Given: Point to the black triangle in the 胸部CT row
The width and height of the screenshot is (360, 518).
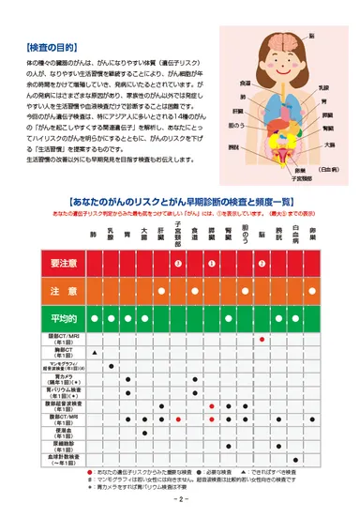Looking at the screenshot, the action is pyautogui.click(x=95, y=352).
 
